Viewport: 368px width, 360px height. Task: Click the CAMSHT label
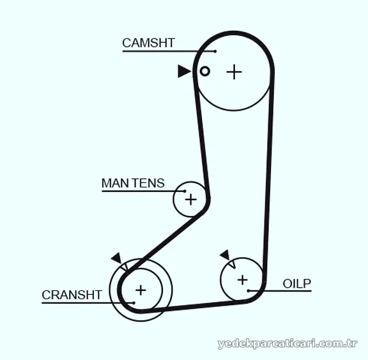tap(148, 43)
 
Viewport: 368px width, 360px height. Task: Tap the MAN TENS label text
tap(133, 183)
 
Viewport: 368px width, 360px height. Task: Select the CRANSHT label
tap(72, 295)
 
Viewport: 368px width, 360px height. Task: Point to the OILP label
tap(297, 284)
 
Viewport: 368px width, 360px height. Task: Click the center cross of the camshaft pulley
tap(234, 72)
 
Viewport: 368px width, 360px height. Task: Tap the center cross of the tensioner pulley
tap(191, 200)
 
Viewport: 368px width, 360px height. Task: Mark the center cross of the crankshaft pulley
tap(141, 290)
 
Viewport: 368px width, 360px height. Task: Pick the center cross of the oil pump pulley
tap(242, 280)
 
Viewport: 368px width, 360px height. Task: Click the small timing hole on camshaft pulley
tap(204, 71)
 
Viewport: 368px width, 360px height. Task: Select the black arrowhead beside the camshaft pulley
tap(184, 71)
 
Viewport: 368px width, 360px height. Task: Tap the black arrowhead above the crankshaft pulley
tap(116, 258)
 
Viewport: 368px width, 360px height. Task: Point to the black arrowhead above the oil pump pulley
tap(226, 255)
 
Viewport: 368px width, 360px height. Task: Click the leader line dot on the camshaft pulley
tap(215, 51)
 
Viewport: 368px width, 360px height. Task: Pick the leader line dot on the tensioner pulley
tap(185, 191)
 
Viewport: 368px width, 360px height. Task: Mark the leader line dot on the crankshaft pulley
tap(134, 303)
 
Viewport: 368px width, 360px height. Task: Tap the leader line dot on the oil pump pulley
tap(249, 291)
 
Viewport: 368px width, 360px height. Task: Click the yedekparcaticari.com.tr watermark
tap(287, 343)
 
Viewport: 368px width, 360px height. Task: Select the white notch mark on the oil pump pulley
tap(233, 265)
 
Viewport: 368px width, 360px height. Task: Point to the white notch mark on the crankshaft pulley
tap(125, 267)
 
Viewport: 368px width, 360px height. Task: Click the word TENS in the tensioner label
tap(148, 183)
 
